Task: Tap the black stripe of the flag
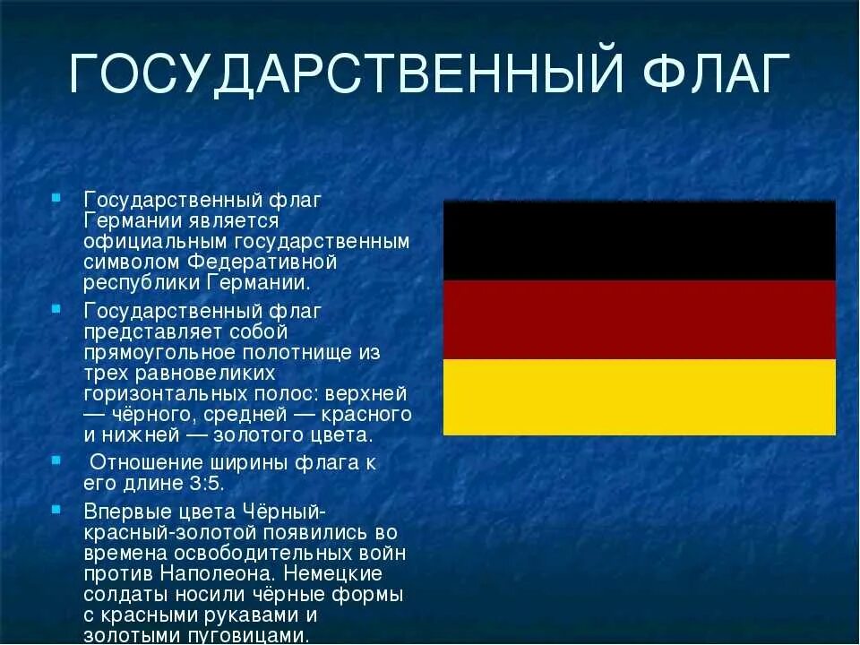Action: [639, 240]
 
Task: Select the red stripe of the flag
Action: [639, 319]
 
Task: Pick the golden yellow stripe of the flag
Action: [639, 397]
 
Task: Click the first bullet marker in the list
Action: [56, 197]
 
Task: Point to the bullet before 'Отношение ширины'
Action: [56, 462]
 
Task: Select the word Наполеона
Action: [225, 572]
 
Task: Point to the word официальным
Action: [156, 242]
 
